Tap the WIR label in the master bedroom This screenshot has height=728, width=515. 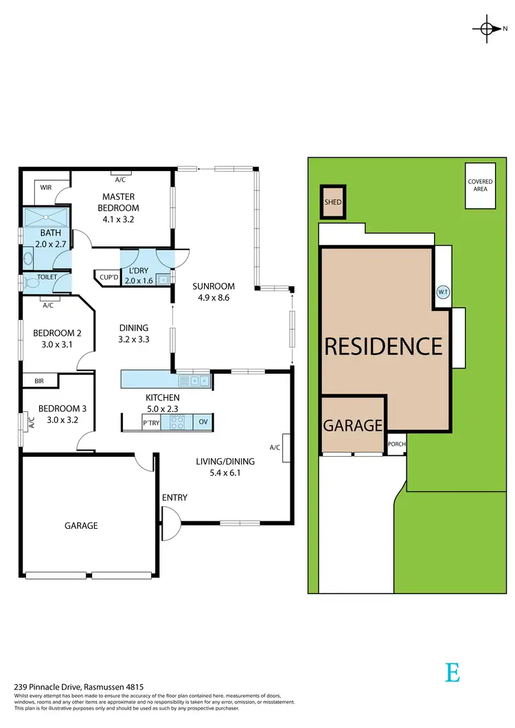(46, 187)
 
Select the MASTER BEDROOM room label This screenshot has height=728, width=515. (118, 202)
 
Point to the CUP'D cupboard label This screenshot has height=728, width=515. (109, 277)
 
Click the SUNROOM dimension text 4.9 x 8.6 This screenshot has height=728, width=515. (214, 298)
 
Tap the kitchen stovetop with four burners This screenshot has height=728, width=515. (176, 422)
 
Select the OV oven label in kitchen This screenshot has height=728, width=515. (203, 422)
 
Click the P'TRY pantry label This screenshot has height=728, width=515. (151, 423)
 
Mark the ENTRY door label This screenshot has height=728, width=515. (174, 498)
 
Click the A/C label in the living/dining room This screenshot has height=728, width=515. (275, 448)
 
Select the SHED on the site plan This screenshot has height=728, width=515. (333, 202)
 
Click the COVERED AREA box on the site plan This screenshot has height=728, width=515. (480, 185)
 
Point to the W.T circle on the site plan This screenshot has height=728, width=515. (442, 292)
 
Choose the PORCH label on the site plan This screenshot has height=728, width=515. (396, 444)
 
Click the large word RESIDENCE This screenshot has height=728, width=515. (383, 346)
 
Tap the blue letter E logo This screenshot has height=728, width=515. (452, 672)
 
